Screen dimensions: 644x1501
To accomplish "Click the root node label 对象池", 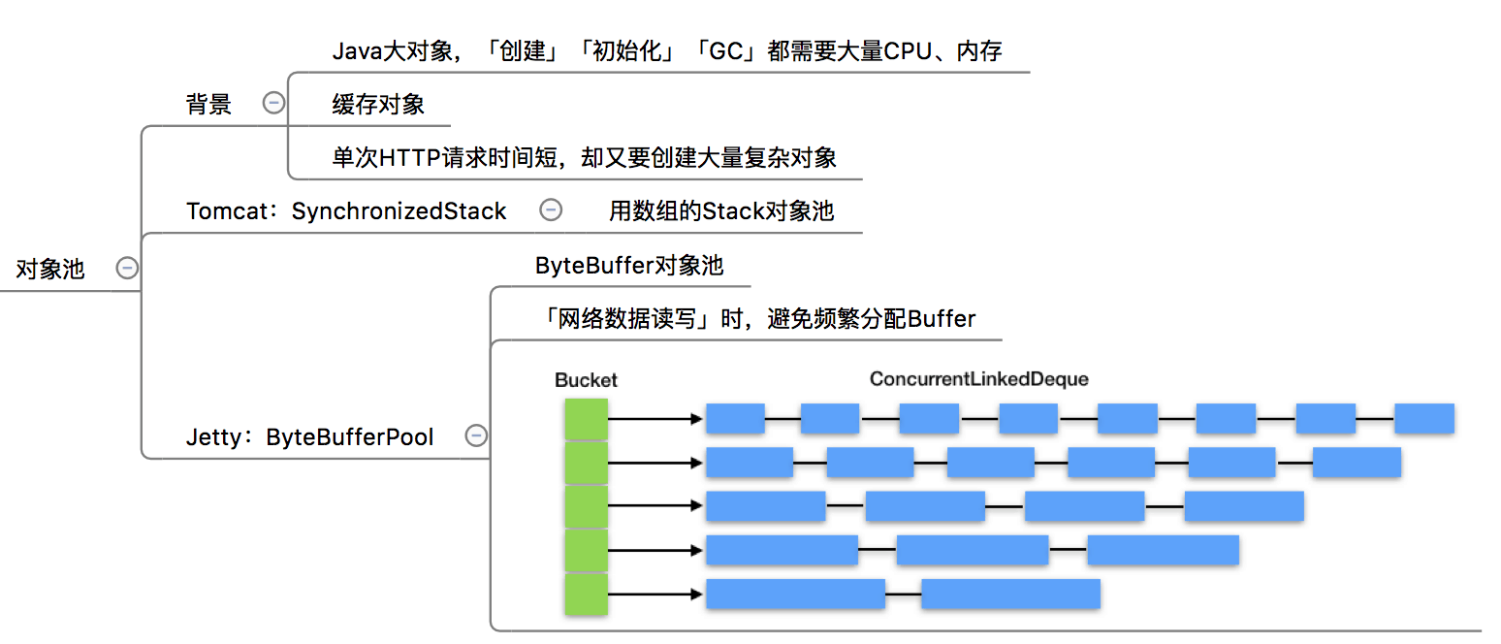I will coord(50,270).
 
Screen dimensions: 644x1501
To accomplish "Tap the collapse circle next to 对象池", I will coord(127,269).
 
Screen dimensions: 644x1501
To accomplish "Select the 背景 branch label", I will coord(208,105).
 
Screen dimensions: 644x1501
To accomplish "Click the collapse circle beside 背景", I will coord(274,103).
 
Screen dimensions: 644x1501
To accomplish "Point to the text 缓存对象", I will coord(378,105).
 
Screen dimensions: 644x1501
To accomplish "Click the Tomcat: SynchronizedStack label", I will coord(346,210).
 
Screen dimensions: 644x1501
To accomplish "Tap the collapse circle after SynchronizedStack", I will coord(551,209).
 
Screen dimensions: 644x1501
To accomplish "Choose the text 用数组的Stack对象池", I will coord(720,210).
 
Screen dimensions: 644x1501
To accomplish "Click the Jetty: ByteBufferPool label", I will coord(309,437).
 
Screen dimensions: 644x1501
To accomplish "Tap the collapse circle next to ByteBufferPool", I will coord(476,435).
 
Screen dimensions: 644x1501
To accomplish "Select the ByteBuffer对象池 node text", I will coord(628,266).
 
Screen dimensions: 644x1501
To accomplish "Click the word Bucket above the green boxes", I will coord(586,380).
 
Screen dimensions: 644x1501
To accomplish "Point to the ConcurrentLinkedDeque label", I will coord(979,379).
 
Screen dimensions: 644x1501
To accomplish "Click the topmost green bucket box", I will coord(587,419).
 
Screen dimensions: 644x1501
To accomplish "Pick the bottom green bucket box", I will coord(587,594).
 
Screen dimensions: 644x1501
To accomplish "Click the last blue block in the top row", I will coord(1423,419).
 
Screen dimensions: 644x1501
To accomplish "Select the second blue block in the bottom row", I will coord(1010,594).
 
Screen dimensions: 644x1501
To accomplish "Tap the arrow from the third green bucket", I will coord(655,506).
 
